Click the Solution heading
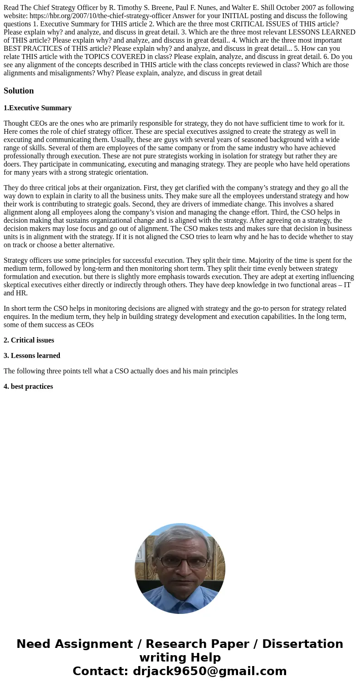click(x=19, y=91)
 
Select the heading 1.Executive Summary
click(x=38, y=108)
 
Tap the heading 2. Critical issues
click(x=29, y=340)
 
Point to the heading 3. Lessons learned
click(x=32, y=356)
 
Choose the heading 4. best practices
click(x=28, y=387)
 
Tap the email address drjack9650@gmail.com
click(x=209, y=671)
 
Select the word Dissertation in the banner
click(x=302, y=644)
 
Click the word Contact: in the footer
click(x=101, y=671)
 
